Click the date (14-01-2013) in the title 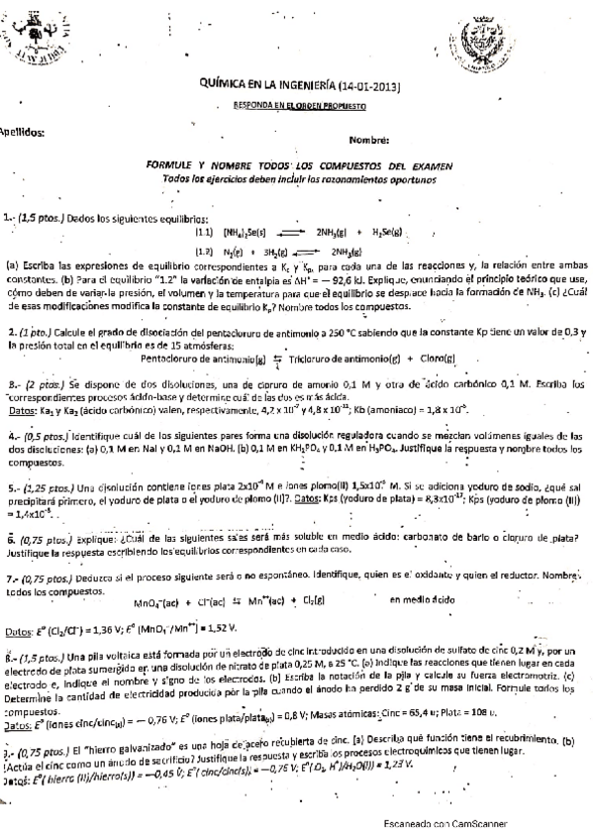[x=367, y=86]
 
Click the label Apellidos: [x=22, y=130]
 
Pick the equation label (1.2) [x=205, y=251]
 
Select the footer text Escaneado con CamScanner [x=445, y=823]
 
